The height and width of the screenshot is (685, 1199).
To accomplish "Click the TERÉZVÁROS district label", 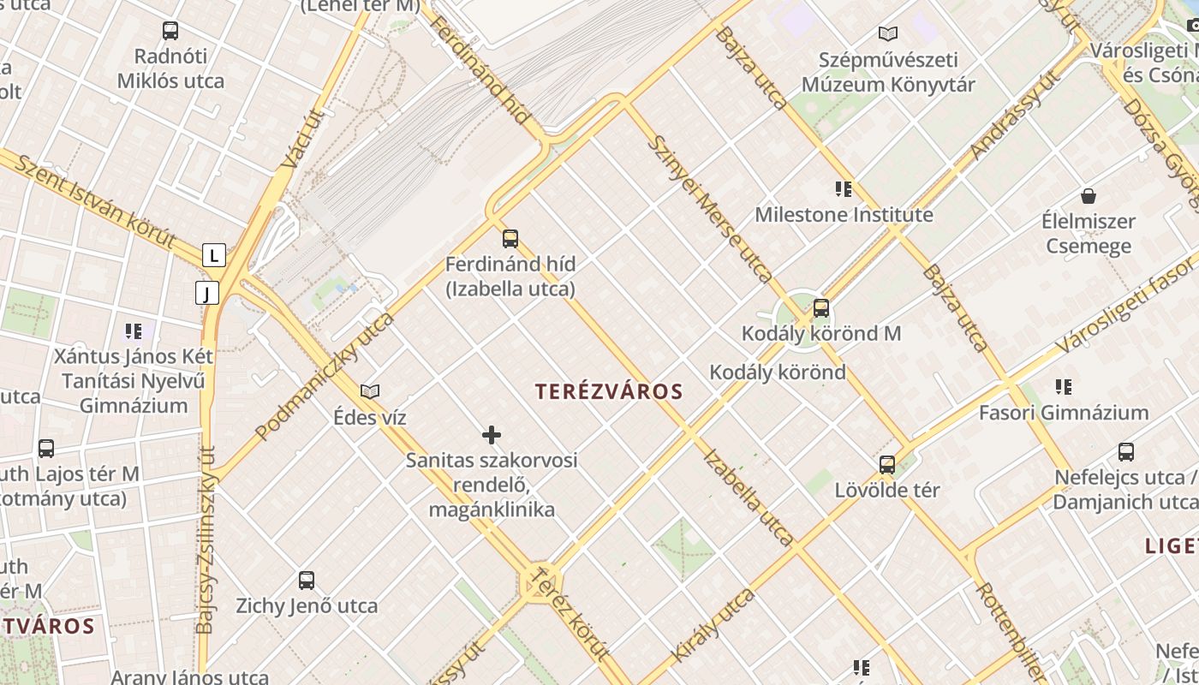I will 608,391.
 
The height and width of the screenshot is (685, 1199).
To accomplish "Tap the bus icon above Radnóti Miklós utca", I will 170,31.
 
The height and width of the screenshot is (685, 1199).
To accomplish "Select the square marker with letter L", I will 213,254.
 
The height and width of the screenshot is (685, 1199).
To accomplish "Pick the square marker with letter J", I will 206,293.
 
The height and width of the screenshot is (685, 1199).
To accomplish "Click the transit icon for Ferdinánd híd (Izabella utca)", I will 510,238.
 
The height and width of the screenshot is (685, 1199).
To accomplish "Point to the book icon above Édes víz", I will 370,391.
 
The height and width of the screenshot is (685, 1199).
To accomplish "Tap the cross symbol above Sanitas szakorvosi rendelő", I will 492,435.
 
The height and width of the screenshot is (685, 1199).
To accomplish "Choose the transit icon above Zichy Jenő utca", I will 307,580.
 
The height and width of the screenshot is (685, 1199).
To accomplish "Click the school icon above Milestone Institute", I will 844,188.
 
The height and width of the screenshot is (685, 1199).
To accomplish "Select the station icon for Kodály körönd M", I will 821,307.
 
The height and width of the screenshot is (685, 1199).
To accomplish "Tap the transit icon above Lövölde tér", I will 887,465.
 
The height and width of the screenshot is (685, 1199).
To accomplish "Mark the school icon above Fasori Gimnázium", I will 1064,387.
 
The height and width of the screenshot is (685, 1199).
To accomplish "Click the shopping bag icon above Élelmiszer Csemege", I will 1088,196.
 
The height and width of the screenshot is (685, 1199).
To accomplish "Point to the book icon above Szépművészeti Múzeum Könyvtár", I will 888,34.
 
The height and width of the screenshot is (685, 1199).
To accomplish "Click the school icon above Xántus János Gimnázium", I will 133,331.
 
